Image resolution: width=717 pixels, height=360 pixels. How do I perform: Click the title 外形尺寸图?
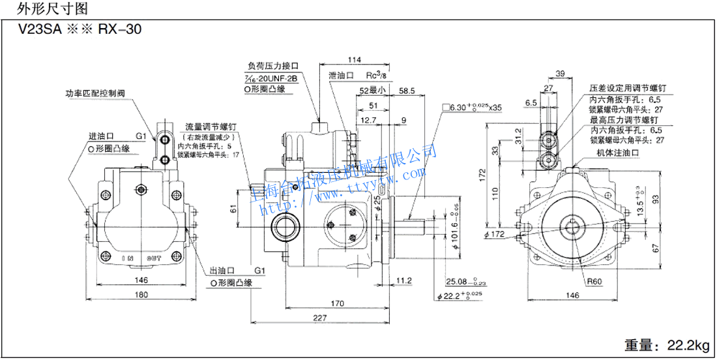(44, 8)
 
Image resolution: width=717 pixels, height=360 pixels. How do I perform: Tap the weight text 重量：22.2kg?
(664, 344)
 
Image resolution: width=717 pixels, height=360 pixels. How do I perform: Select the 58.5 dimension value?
(406, 91)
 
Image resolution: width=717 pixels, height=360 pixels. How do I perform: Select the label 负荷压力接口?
(273, 67)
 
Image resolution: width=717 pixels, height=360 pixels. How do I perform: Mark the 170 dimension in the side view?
(338, 303)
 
